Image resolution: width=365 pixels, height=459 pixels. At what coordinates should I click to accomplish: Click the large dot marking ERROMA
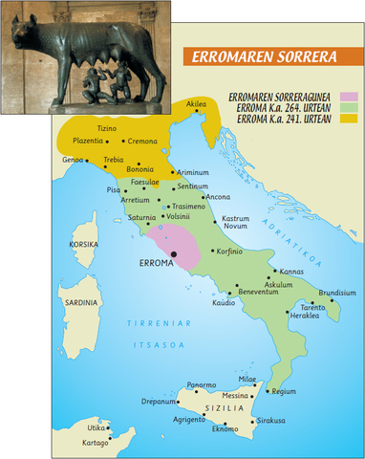[175, 253]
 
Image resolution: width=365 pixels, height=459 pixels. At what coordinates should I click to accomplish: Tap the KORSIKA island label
[83, 244]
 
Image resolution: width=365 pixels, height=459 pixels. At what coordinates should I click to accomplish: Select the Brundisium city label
[337, 293]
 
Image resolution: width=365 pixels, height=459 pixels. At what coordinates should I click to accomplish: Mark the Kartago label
[96, 444]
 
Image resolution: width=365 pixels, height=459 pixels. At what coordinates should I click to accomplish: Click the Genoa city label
[74, 159]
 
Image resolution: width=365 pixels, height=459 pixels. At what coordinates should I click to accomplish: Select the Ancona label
[218, 197]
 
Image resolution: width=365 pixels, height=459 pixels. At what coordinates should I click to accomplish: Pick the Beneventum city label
[259, 291]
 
